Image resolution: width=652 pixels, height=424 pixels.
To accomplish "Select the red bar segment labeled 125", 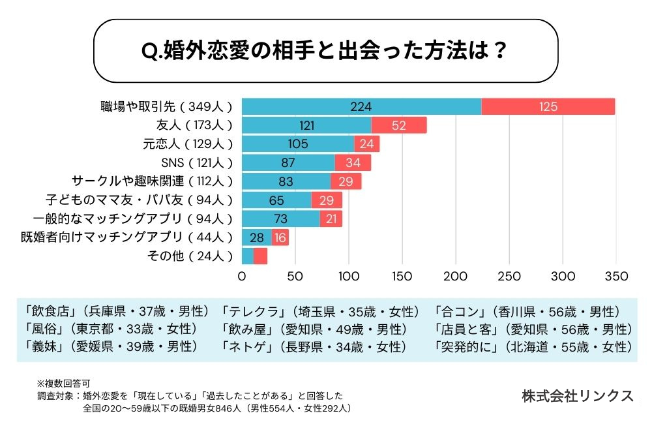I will (548, 106).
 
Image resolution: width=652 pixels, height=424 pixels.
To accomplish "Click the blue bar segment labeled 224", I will (361, 106).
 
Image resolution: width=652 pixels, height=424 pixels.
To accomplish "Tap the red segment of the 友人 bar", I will (398, 125).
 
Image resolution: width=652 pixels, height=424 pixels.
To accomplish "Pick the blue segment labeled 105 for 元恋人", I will (298, 144).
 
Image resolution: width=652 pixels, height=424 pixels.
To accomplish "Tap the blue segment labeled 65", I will (276, 200).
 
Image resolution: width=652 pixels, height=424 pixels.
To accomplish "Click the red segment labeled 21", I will (331, 219).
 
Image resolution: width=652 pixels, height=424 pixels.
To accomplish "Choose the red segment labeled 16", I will (280, 237).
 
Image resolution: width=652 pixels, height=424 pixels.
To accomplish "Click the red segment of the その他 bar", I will (261, 256).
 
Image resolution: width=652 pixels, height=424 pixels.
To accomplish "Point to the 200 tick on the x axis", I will (456, 276).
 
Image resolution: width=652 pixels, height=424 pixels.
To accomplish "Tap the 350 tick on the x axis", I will (616, 276).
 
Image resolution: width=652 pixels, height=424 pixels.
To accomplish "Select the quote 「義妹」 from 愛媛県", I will (42, 346).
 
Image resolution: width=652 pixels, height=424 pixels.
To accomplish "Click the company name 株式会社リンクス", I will (577, 395).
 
